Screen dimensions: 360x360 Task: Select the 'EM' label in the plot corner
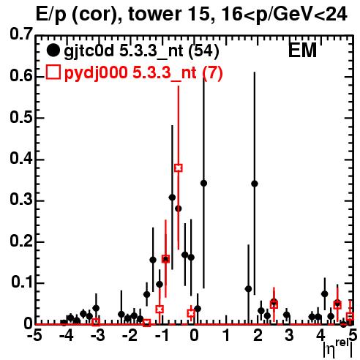302,50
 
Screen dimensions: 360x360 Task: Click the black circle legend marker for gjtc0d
53,50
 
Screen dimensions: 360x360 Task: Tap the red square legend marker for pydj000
53,72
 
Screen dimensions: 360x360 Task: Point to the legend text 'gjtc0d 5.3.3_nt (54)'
141,51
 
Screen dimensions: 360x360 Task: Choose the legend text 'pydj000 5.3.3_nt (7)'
143,73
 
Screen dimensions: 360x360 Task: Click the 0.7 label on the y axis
21,34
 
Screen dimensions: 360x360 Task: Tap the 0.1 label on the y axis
21,282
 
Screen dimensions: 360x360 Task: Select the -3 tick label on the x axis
97,336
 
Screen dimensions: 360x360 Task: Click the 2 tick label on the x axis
258,336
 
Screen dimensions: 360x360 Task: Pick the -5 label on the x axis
34,336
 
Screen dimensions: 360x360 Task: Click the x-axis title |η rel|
338,348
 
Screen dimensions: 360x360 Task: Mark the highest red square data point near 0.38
179,168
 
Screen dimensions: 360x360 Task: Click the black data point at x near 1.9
255,184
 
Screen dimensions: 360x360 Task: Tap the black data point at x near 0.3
203,183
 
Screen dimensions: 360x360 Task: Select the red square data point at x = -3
96,322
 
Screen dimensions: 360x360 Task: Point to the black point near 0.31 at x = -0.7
172,198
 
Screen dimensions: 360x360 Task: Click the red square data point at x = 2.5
274,304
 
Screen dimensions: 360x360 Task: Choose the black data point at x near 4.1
325,294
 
